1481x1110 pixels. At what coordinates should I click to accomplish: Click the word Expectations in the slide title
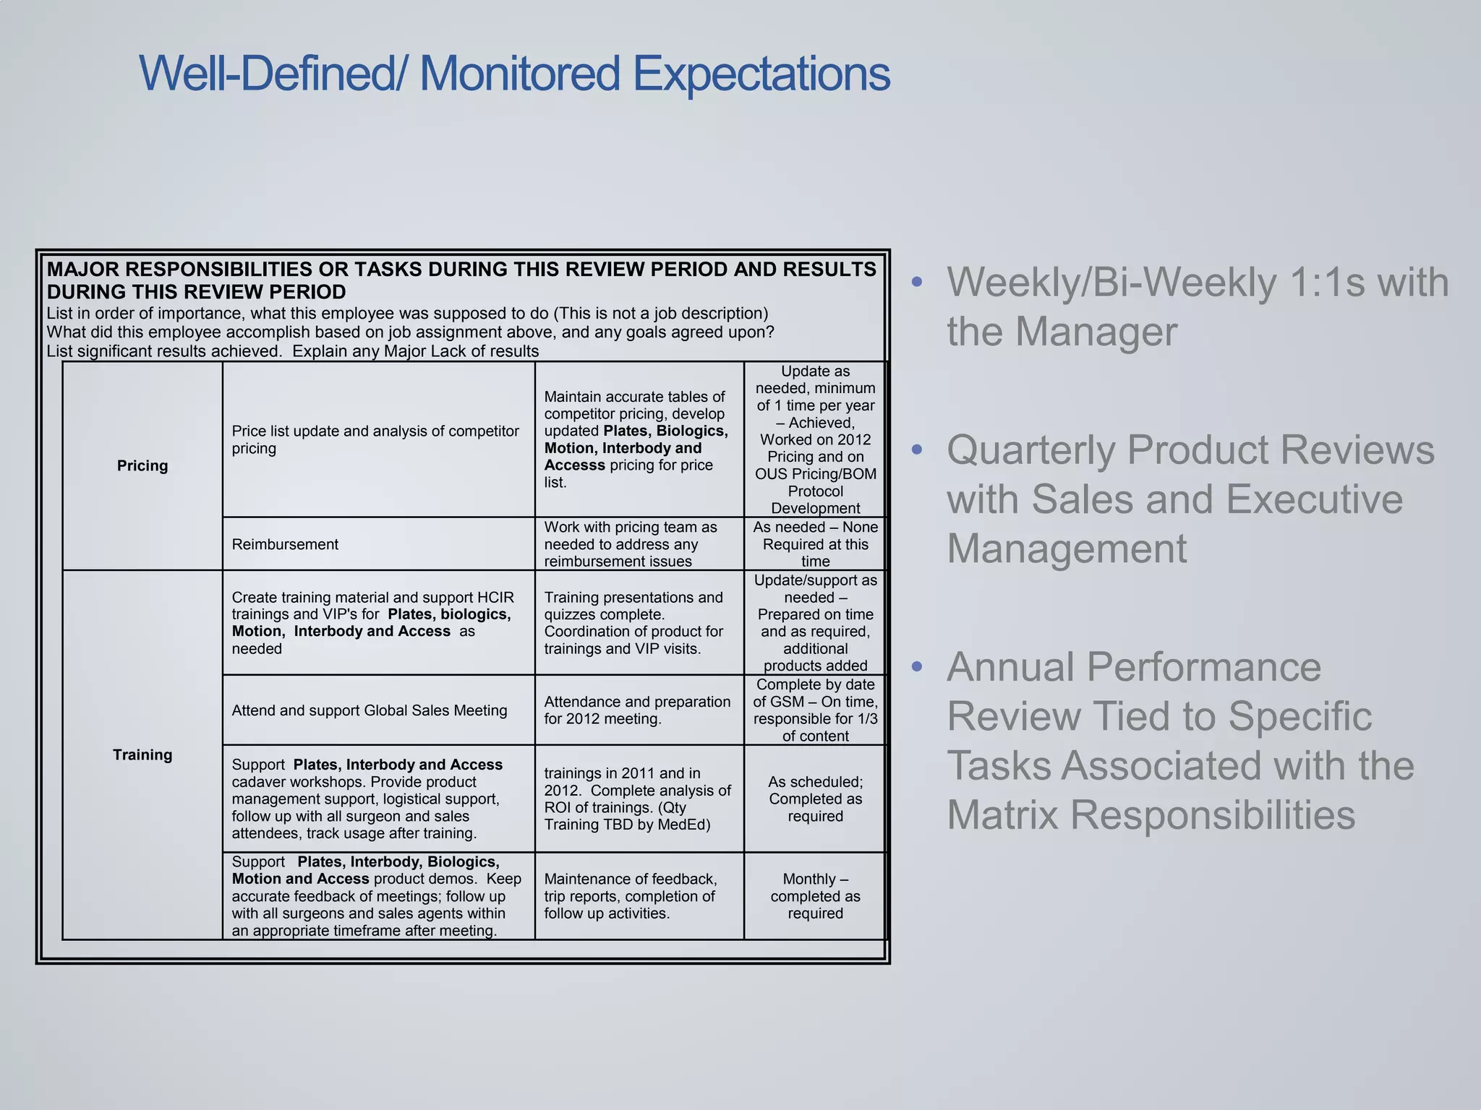tap(761, 74)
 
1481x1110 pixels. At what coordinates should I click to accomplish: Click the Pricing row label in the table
tap(142, 465)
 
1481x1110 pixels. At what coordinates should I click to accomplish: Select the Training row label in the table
tap(142, 754)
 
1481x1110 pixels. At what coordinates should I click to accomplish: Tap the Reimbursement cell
tap(285, 544)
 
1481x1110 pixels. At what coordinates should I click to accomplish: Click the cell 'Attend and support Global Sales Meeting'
tap(370, 710)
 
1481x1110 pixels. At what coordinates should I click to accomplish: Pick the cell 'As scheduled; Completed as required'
tap(815, 799)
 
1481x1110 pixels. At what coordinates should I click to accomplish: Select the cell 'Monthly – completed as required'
tap(815, 896)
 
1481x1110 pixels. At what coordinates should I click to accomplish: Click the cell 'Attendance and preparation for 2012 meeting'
tap(637, 710)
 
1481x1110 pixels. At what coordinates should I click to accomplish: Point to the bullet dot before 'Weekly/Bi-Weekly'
tap(917, 282)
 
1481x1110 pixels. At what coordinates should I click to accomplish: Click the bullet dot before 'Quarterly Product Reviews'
tap(917, 449)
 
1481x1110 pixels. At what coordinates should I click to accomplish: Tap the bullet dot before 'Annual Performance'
tap(917, 666)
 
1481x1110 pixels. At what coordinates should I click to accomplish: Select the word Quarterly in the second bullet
tap(1032, 449)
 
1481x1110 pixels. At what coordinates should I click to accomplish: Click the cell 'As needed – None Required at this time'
tap(815, 544)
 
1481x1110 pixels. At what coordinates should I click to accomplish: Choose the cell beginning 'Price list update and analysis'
tap(375, 439)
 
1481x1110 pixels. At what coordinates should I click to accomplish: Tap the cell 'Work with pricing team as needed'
tap(630, 544)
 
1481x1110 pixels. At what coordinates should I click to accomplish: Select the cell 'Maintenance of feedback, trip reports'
tap(630, 896)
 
